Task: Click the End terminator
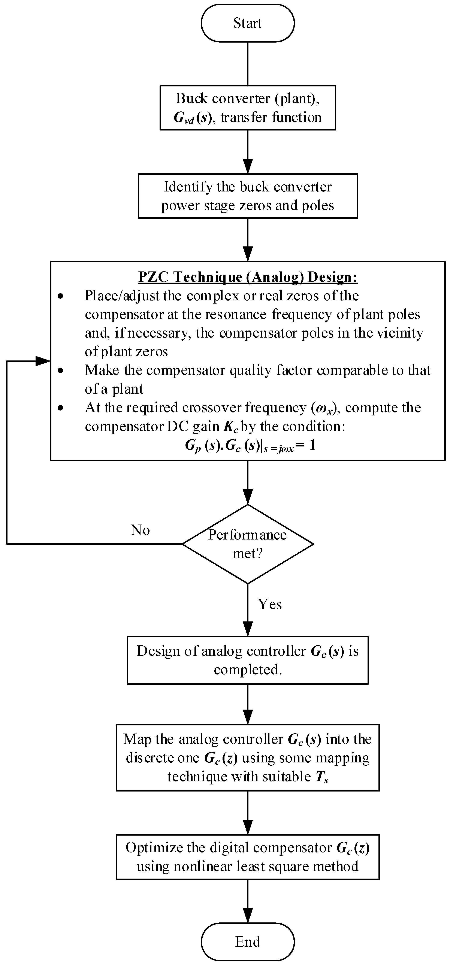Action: point(248,941)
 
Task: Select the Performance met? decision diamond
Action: point(248,544)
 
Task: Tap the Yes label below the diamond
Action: point(270,604)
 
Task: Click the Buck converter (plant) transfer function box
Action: point(248,108)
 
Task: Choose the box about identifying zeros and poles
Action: point(248,196)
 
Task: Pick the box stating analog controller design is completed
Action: point(248,660)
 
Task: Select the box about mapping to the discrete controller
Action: point(248,757)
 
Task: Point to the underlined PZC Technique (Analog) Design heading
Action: point(248,277)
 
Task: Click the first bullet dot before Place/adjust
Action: point(60,296)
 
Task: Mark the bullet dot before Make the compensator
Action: point(60,371)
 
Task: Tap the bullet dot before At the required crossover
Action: point(60,408)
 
